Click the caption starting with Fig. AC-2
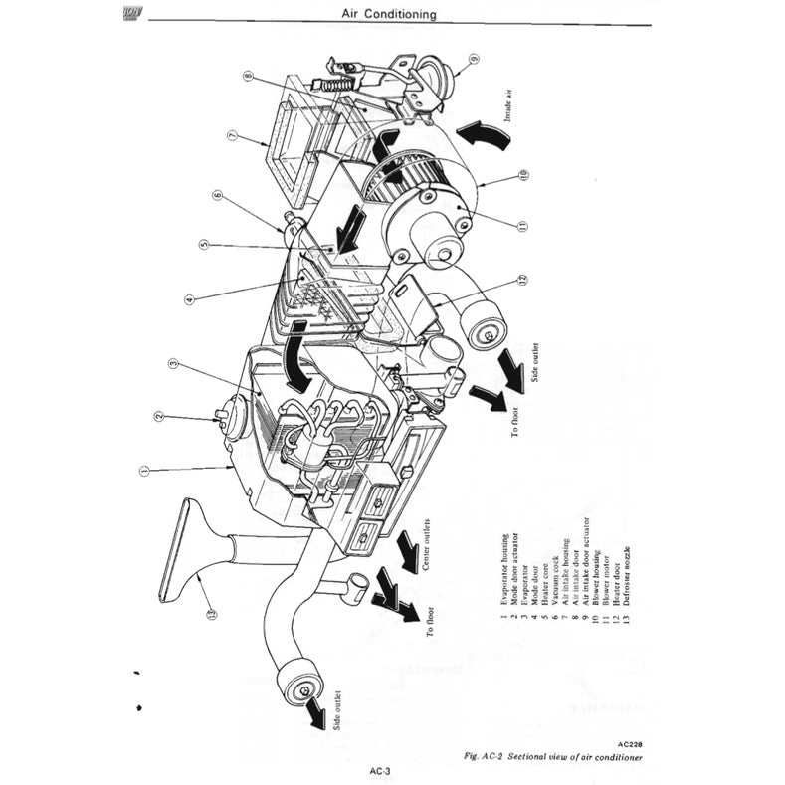pos(552,757)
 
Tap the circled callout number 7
pos(230,135)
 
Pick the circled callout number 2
pos(157,417)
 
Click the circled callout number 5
pos(203,244)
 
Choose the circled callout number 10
pos(522,177)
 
